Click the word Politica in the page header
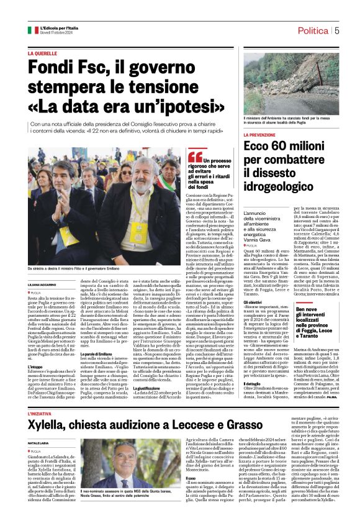click(313, 30)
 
